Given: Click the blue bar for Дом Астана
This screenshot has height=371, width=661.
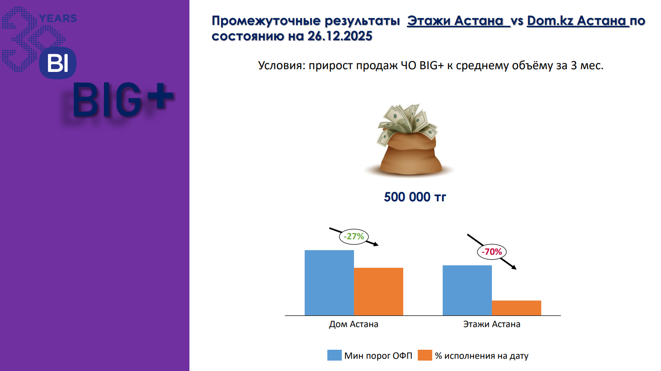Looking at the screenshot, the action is tap(329, 283).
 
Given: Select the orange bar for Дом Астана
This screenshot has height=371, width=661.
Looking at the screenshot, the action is tap(378, 291).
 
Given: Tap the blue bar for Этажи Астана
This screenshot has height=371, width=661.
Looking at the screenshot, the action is tap(467, 290).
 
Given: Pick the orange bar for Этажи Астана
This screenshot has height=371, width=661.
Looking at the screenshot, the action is tap(516, 308).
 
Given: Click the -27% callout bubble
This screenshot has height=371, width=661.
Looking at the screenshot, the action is tap(354, 237).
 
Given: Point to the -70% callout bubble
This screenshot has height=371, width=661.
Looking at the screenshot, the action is tap(491, 252).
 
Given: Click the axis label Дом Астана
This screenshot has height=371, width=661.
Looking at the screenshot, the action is tap(354, 324).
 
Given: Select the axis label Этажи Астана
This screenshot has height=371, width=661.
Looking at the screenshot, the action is tap(491, 324).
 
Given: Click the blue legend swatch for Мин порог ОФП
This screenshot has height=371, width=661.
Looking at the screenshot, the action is tap(334, 355).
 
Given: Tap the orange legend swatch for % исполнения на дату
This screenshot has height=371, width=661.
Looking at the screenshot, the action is tap(425, 355).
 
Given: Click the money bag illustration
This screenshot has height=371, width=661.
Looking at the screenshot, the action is tap(409, 139).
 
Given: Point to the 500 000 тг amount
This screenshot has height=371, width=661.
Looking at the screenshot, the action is tap(415, 197).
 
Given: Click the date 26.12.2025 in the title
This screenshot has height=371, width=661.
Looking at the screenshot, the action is tap(340, 36).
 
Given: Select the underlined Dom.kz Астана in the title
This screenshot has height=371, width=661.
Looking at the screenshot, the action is tap(578, 21).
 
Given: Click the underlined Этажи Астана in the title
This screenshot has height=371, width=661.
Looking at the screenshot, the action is tap(458, 21).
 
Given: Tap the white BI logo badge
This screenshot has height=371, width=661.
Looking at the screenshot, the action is tap(58, 63).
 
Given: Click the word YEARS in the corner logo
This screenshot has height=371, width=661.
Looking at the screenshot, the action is tap(58, 19).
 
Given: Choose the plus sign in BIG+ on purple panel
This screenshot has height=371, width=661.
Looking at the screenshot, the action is tap(160, 96).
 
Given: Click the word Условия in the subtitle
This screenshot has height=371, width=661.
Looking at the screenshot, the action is tap(281, 66).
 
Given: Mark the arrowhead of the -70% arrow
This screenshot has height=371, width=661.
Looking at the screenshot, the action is tap(515, 267).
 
